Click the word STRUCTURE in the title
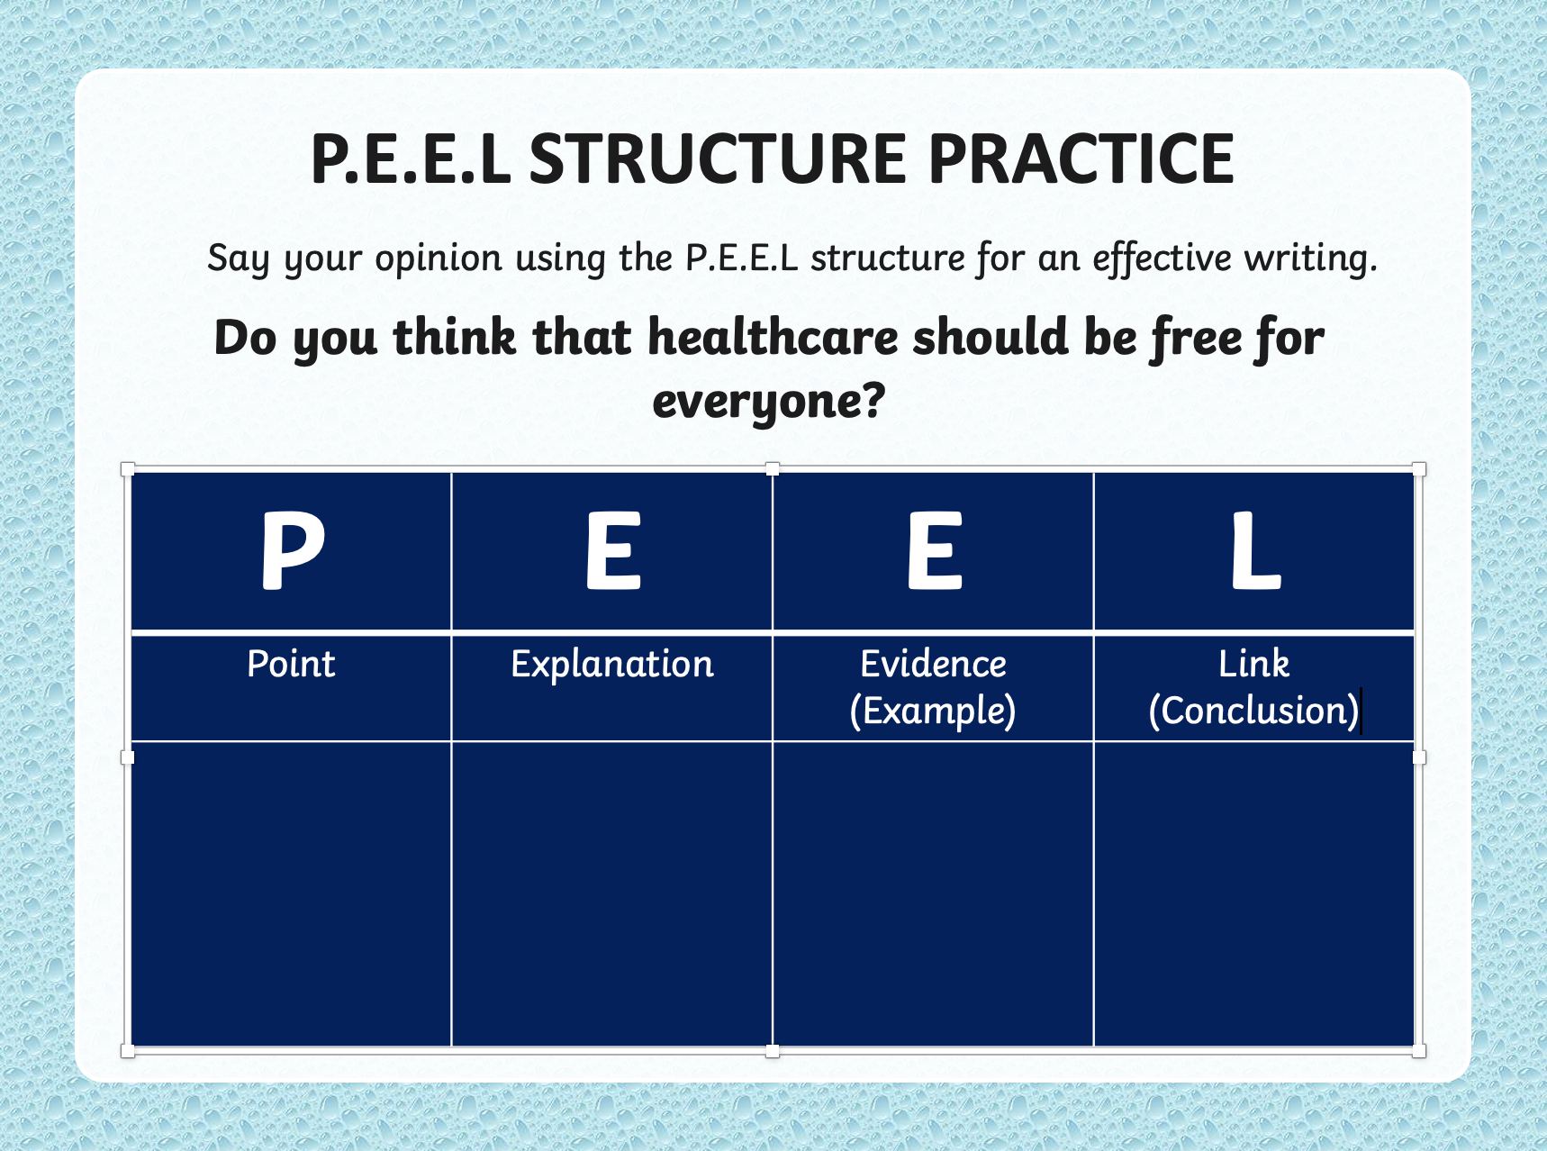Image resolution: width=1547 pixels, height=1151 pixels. point(718,159)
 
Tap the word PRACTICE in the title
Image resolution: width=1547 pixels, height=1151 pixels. point(1081,159)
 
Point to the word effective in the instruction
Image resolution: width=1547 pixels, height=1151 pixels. point(1161,258)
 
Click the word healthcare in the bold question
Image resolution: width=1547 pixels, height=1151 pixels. point(773,338)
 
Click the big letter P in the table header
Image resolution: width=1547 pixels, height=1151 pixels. point(292,549)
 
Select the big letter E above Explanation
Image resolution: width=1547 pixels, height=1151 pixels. point(613,549)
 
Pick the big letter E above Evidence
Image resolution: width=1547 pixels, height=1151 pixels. point(935,549)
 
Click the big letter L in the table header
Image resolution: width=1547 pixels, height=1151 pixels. point(1255,549)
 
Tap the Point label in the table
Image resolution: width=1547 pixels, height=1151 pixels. point(291,664)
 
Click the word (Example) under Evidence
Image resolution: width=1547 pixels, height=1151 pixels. point(933,711)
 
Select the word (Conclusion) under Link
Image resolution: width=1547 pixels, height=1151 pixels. point(1253,711)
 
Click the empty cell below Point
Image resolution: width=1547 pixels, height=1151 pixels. point(292,893)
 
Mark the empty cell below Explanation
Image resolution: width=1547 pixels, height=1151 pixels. point(612,893)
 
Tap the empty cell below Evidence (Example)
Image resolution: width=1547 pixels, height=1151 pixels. point(934,893)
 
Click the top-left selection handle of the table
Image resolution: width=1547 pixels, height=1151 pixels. point(128,468)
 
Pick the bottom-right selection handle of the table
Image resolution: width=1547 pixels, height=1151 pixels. point(1419,1051)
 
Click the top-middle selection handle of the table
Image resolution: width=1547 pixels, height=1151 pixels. point(773,468)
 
